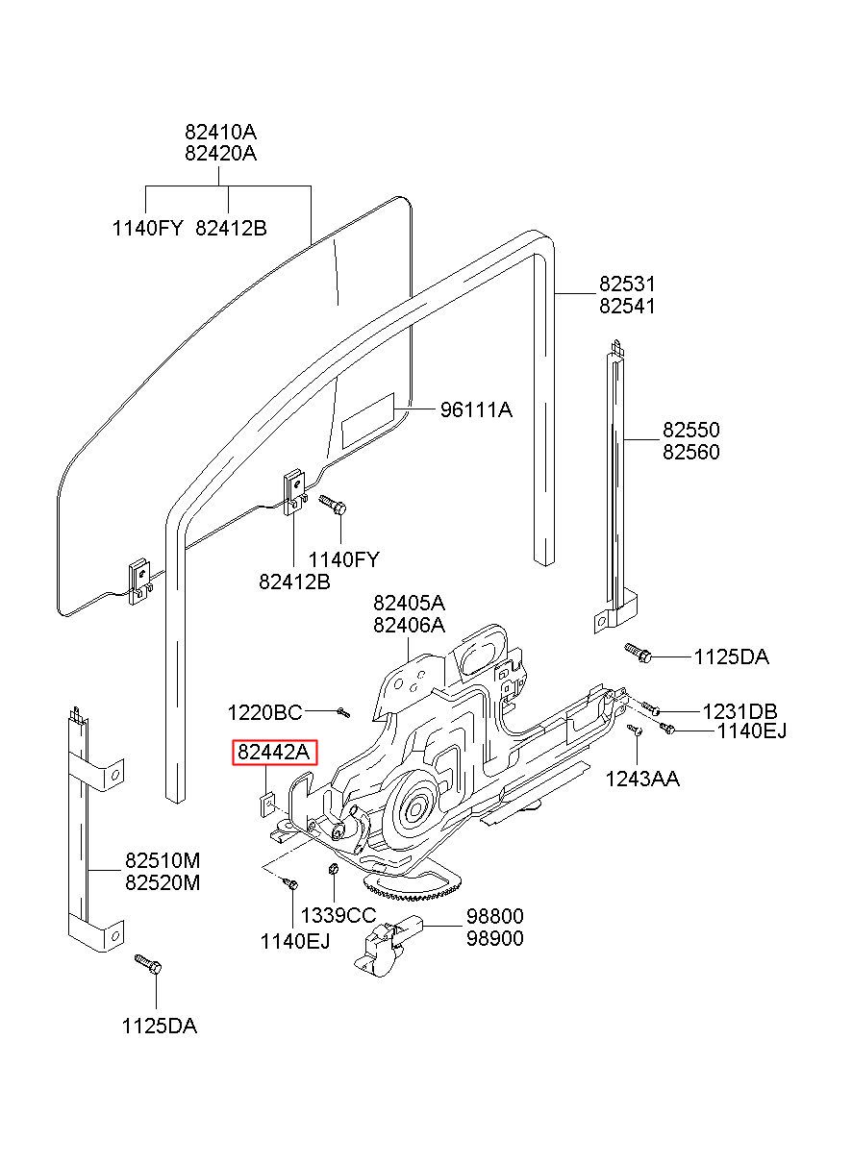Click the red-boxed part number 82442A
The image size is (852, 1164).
click(x=273, y=752)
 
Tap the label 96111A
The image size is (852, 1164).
click(x=476, y=410)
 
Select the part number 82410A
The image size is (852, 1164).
click(x=220, y=132)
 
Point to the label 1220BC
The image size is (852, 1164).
click(x=264, y=712)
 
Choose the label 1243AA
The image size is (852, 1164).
click(x=642, y=779)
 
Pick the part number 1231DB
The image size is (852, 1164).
click(x=739, y=710)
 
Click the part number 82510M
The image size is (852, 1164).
click(x=163, y=860)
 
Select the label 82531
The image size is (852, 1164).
click(x=627, y=284)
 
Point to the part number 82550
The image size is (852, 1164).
click(x=690, y=430)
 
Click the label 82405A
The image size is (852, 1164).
click(x=409, y=603)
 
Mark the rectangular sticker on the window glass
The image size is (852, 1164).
click(x=368, y=420)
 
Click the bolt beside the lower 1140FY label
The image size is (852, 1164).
click(x=334, y=504)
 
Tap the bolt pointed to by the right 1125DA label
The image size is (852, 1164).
click(x=638, y=654)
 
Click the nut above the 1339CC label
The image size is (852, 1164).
click(x=334, y=868)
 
